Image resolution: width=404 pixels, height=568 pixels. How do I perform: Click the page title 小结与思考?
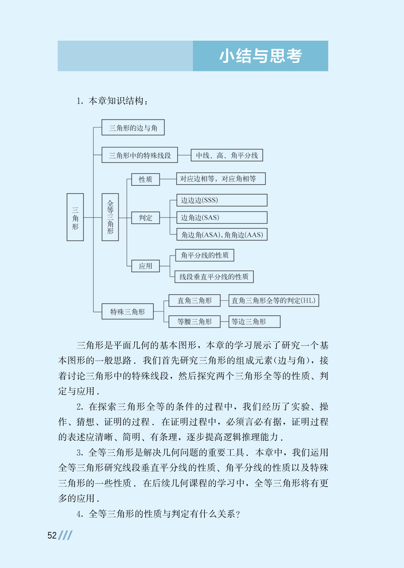click(x=261, y=56)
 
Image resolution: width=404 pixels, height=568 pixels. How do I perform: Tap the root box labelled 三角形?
click(x=75, y=217)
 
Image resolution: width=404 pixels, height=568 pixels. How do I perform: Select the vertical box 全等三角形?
click(x=110, y=217)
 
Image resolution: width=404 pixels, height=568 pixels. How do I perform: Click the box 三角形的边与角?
click(x=133, y=128)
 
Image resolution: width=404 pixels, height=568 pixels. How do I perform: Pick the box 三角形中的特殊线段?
click(x=140, y=155)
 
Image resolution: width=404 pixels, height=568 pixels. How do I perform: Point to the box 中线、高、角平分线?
click(x=227, y=155)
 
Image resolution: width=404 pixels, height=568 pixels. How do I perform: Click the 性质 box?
click(x=145, y=179)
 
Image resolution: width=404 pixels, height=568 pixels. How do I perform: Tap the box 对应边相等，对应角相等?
click(x=221, y=179)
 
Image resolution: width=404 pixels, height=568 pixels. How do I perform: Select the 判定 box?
click(x=145, y=218)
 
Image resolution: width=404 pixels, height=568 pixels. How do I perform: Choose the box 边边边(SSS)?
click(x=222, y=200)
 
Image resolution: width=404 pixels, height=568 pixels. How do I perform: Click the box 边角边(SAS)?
click(x=222, y=217)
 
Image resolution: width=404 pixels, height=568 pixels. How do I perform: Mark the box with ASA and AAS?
click(x=222, y=234)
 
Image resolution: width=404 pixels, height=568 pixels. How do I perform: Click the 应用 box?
click(x=145, y=266)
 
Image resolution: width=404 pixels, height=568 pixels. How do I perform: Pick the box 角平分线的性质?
click(x=204, y=255)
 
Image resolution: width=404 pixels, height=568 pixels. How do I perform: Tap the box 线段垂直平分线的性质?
click(x=214, y=277)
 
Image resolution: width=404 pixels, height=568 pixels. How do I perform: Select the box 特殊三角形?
click(x=128, y=312)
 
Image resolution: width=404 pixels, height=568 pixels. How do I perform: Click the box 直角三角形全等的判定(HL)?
click(x=274, y=300)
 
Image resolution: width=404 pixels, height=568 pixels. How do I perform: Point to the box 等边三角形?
click(x=254, y=321)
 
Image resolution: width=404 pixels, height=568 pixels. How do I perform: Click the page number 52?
click(x=52, y=535)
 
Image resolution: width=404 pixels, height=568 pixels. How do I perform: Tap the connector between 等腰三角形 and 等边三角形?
click(x=224, y=322)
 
